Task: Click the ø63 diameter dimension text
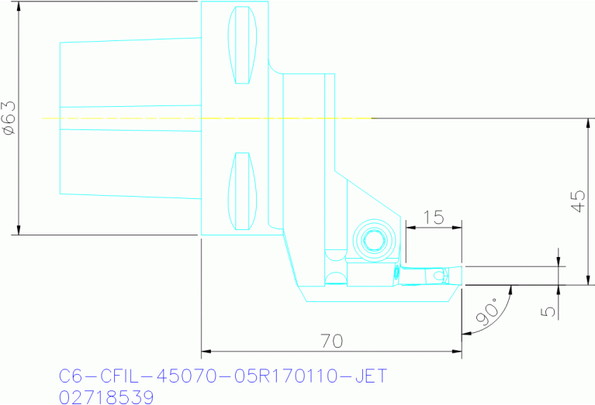[x=9, y=118]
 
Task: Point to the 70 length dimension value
[x=331, y=341]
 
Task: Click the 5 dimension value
[x=548, y=311]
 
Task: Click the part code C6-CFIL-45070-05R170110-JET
[x=223, y=376]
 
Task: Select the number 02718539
[x=106, y=396]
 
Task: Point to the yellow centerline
[x=209, y=118]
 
